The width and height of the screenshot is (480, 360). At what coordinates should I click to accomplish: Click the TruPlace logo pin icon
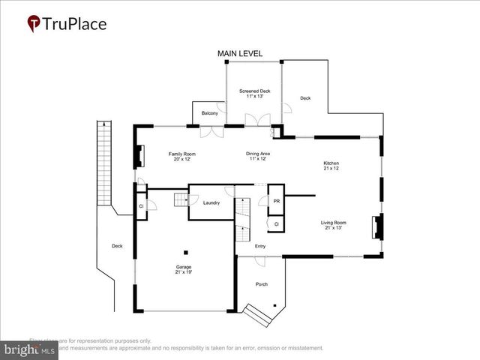[34, 24]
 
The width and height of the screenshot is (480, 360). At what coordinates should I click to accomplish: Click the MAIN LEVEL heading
[240, 54]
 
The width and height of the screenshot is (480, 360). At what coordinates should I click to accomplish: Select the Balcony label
[210, 113]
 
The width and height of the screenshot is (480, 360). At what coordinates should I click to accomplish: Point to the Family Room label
[181, 156]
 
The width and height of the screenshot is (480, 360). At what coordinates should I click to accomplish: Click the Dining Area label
[258, 156]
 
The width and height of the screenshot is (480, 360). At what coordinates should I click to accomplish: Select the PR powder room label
[277, 202]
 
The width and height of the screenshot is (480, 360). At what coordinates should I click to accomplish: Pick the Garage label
[184, 269]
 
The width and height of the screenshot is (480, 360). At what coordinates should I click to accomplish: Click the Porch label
[261, 284]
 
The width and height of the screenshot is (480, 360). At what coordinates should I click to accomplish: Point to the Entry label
[260, 246]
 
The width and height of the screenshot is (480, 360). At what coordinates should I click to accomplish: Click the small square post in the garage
[187, 251]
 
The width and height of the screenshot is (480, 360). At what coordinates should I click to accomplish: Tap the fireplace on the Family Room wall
[138, 155]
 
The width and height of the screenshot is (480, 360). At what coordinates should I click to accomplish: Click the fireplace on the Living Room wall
[377, 226]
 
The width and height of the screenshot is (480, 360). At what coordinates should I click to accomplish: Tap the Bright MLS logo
[28, 350]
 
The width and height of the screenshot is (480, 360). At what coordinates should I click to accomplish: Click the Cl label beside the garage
[140, 206]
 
